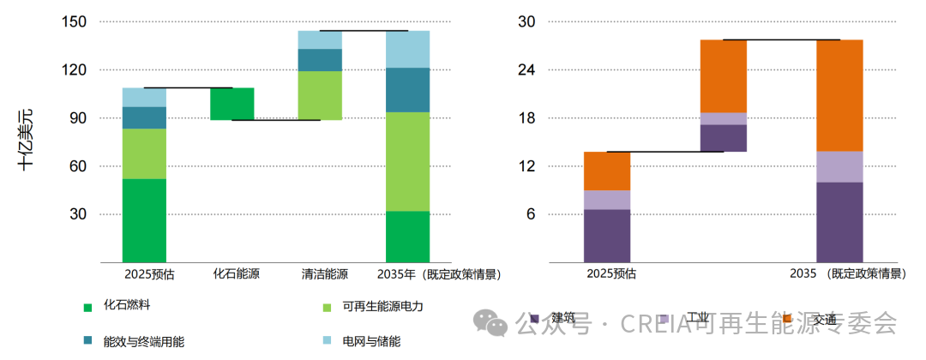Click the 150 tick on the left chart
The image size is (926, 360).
pos(74,21)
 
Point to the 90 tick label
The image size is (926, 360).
pos(78,118)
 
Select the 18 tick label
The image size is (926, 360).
pos(526,118)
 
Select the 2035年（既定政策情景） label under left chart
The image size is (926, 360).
pos(438,274)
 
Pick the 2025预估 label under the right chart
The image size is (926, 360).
pos(611,274)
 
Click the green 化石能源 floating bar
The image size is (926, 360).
pos(232,104)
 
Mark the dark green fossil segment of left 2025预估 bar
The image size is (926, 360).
pos(144,219)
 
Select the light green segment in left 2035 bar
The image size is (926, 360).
pos(407,161)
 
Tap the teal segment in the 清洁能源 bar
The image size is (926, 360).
pos(320,60)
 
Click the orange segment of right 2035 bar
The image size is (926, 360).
pos(839,95)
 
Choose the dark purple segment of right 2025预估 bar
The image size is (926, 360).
pos(607,236)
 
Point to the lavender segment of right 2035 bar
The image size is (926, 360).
pos(839,166)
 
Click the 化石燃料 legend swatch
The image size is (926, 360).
pos(87,307)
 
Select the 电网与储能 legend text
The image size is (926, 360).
pos(371,342)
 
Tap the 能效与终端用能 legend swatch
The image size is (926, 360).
pos(87,341)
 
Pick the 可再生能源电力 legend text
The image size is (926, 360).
pos(383,307)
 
